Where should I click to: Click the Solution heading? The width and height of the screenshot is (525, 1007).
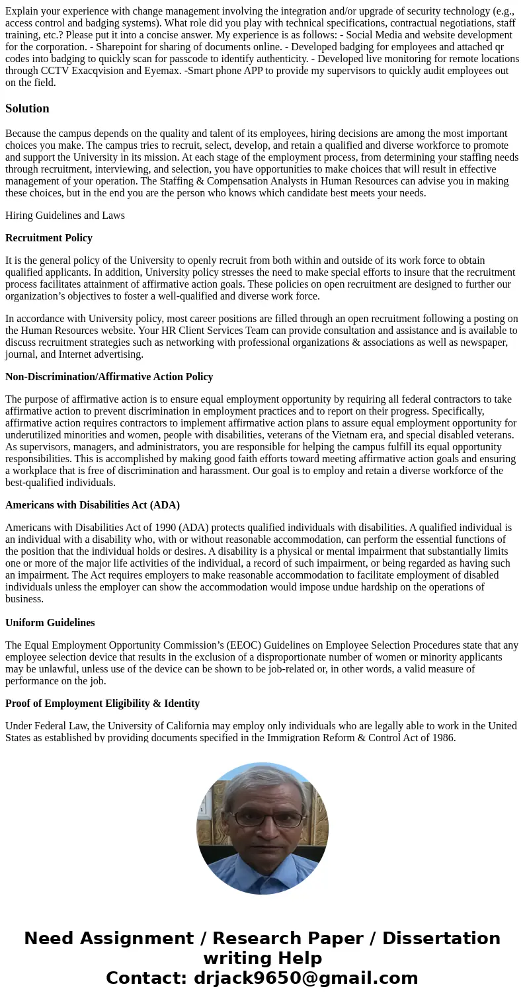[27, 108]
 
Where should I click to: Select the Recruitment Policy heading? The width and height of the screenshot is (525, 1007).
[49, 238]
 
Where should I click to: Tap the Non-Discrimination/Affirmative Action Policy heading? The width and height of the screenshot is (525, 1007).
[109, 377]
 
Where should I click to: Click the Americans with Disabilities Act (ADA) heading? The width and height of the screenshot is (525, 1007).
[93, 505]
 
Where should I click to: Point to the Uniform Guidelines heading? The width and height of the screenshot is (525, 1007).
[50, 623]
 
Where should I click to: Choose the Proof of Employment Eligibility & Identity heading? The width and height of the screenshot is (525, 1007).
[102, 704]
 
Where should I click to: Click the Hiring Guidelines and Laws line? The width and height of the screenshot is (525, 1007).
[65, 216]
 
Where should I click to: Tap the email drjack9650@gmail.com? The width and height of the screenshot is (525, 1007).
[305, 978]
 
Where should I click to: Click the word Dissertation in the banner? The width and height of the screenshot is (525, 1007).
[441, 938]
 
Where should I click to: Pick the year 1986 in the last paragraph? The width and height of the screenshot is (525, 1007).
[442, 738]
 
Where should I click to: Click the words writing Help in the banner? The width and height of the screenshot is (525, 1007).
[262, 958]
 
